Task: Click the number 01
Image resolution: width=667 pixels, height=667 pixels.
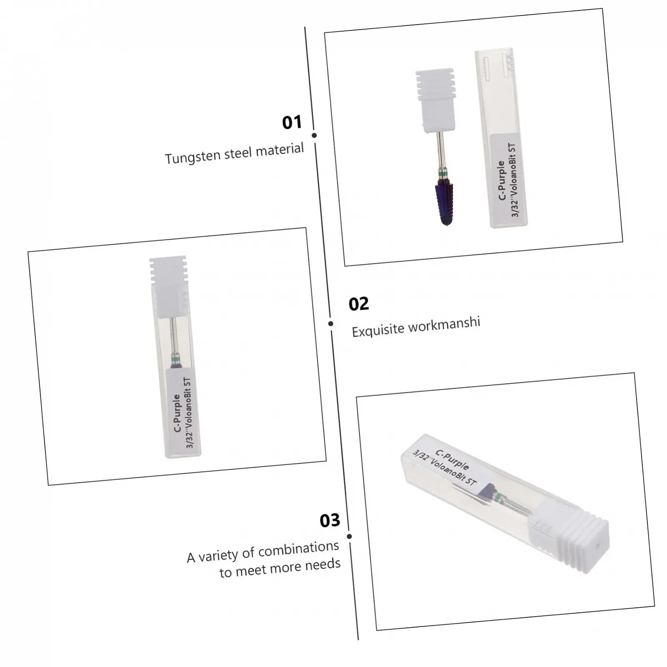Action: click(x=292, y=122)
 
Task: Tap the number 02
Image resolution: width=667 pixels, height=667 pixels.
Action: click(x=359, y=304)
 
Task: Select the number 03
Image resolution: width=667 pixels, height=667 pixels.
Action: click(x=330, y=520)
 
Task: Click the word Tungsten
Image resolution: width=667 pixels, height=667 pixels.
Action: click(x=193, y=156)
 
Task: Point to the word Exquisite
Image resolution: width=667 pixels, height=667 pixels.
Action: click(x=378, y=329)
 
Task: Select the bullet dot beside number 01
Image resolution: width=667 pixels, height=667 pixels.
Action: click(x=314, y=135)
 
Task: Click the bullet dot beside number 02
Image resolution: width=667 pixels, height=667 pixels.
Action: click(x=331, y=323)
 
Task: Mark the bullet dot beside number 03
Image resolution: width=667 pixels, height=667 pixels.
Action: click(x=349, y=537)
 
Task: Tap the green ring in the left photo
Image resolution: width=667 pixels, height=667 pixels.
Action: click(x=176, y=358)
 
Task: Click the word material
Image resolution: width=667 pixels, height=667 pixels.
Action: click(x=280, y=149)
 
